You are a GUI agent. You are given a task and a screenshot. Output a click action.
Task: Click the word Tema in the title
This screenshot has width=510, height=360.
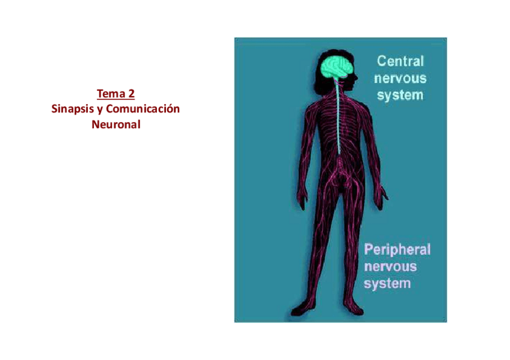110,94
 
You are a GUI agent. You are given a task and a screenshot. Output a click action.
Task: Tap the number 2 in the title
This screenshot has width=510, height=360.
131,94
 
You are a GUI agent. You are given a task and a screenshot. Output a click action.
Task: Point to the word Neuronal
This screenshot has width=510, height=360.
115,125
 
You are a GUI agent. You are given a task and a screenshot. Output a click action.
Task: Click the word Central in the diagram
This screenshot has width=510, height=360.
400,61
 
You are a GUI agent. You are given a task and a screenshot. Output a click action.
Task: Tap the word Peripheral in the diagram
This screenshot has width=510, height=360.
396,249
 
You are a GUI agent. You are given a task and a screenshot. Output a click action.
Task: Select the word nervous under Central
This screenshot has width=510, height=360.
400,78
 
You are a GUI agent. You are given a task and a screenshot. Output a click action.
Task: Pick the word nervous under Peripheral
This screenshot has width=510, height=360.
390,266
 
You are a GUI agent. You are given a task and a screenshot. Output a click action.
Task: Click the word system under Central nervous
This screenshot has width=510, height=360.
400,95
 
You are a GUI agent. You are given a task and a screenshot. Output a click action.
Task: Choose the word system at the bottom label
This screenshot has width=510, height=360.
387,282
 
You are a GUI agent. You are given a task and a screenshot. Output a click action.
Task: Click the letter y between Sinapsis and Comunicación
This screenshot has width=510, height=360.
99,110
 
